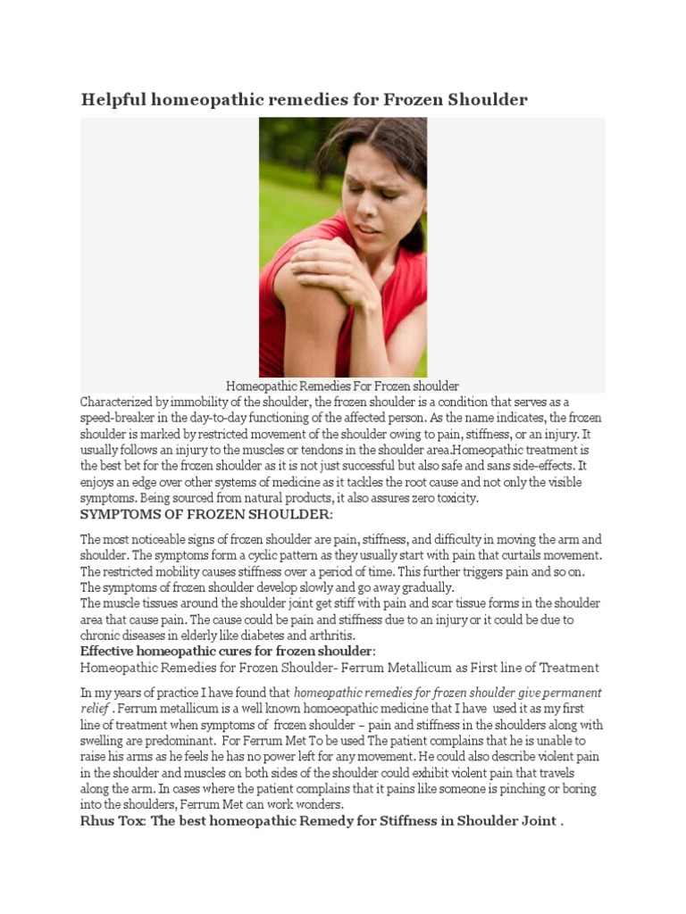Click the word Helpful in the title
113,99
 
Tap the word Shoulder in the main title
489,99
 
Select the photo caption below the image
342,386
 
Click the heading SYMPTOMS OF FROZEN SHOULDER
205,516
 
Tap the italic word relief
94,708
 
